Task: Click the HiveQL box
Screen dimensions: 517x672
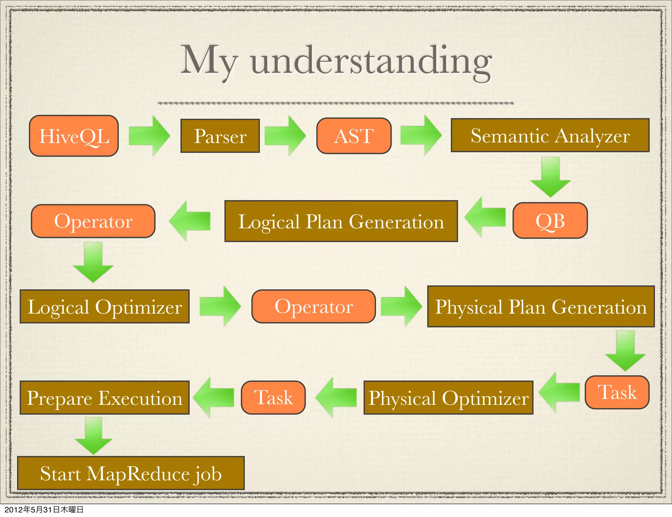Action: coord(74,136)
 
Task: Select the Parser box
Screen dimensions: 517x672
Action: coord(220,136)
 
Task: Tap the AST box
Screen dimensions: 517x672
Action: coord(354,136)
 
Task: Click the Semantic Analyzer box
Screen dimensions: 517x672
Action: coord(550,135)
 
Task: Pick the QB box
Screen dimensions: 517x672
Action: coord(550,220)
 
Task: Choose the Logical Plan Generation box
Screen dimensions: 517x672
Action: coord(341,221)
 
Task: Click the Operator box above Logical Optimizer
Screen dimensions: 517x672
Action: coord(93,221)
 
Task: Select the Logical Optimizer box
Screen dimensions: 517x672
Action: coord(105,306)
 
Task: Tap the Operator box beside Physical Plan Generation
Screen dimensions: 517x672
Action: coord(314,306)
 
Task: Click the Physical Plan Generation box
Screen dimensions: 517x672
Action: coord(541,306)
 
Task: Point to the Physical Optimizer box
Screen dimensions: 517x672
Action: coord(448,398)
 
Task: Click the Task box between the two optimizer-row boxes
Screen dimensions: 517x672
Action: coord(273,398)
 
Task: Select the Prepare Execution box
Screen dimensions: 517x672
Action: coord(105,398)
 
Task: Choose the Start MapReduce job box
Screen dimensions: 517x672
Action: coord(131,473)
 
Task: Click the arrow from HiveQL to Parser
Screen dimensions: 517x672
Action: coord(149,136)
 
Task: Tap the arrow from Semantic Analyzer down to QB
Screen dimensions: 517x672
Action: coord(550,177)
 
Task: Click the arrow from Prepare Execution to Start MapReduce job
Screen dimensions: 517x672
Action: coord(94,436)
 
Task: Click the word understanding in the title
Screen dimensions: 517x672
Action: coord(371,61)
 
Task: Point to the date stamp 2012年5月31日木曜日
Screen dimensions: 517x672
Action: coord(44,509)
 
